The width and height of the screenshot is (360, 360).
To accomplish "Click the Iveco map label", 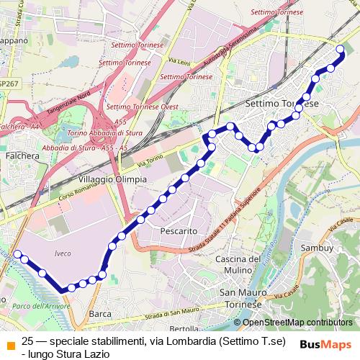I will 63,253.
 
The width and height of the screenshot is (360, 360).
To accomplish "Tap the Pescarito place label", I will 179,231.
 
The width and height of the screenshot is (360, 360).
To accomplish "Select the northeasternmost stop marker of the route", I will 341,49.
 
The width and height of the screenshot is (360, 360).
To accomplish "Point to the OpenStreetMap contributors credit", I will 302,322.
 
